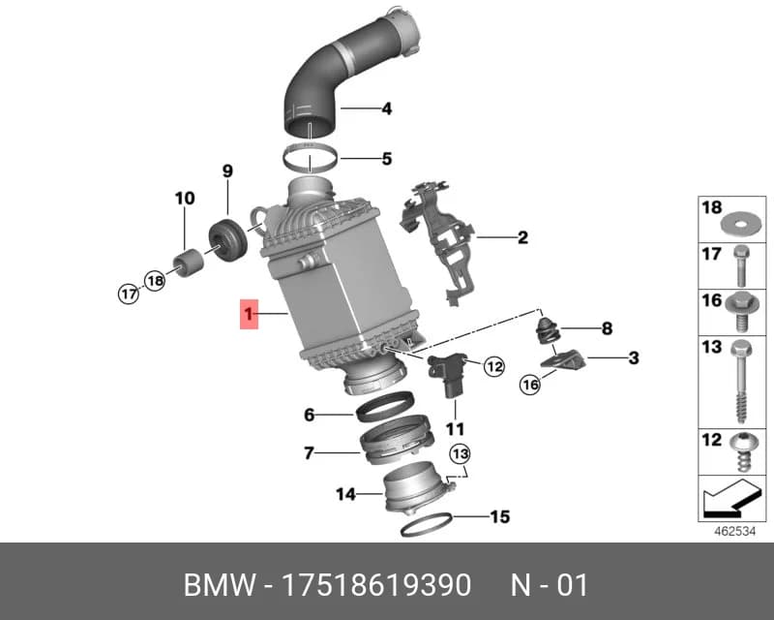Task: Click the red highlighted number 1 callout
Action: [249, 314]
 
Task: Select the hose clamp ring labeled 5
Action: [311, 158]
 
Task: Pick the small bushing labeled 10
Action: [187, 263]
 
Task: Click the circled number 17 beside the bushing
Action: [129, 294]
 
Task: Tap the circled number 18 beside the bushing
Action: [155, 281]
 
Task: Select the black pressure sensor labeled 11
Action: [448, 374]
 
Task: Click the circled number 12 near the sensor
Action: [494, 366]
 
